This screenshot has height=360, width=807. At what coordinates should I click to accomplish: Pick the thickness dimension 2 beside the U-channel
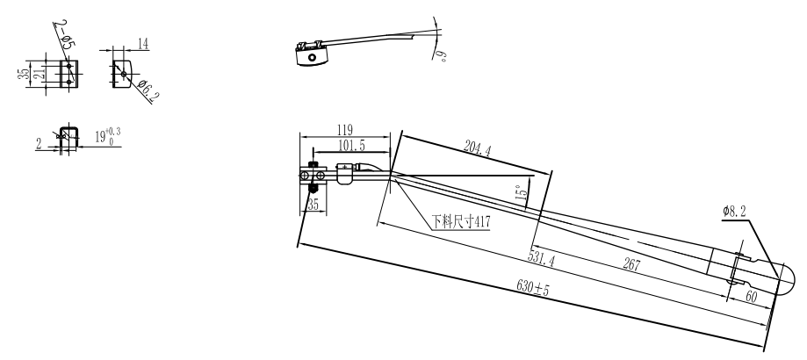[40, 145]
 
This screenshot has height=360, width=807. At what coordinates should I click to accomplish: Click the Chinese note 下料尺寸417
[460, 222]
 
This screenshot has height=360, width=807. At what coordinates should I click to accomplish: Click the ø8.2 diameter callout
[734, 212]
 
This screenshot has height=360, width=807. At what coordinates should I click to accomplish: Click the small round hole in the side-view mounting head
[312, 59]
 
